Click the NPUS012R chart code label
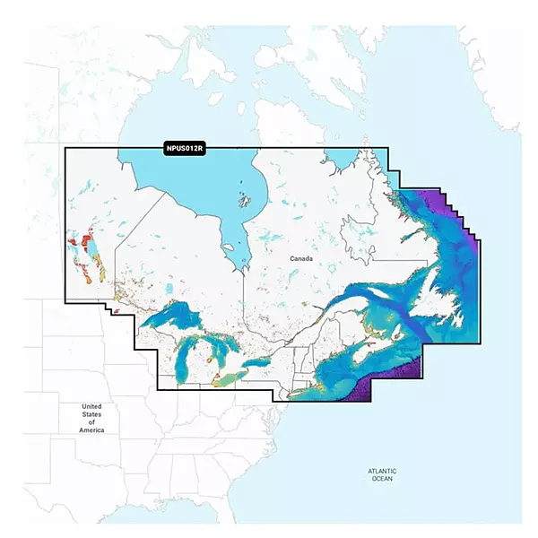click(185, 149)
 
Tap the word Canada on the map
click(302, 258)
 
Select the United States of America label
click(92, 419)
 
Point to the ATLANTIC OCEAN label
click(382, 475)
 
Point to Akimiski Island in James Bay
click(231, 240)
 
